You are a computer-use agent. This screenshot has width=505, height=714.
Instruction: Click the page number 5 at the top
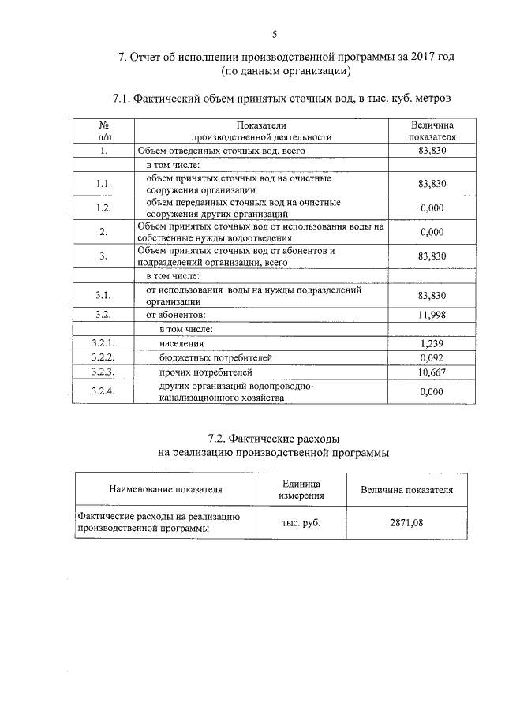coord(274,33)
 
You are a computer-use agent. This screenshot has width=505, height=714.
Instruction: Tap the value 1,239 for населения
coord(432,344)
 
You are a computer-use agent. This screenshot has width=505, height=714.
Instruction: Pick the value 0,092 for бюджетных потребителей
coord(432,357)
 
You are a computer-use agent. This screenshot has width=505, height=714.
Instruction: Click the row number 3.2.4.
coord(103,391)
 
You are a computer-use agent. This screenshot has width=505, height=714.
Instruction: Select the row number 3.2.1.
coord(103,344)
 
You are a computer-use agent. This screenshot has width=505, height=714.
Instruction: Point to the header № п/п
coord(103,131)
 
